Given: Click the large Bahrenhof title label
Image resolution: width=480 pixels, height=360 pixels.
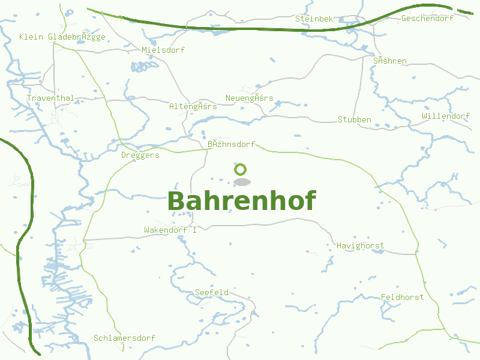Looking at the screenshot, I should tap(241, 202).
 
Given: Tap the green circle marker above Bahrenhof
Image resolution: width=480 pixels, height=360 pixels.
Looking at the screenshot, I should tap(241, 170).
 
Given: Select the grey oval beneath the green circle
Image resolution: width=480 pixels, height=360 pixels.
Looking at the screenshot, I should tap(241, 182).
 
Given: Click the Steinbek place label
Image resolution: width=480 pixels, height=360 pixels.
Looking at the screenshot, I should tap(314, 19).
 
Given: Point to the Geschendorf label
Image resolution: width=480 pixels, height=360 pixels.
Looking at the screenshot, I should tap(427, 19).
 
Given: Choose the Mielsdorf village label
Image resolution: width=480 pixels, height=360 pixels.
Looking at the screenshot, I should tap(163, 50).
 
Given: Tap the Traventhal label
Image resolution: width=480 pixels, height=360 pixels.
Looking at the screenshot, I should tap(50, 98).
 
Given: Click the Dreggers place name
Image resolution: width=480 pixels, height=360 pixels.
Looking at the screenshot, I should tap(140, 155).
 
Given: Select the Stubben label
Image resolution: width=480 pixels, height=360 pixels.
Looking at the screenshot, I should tap(355, 119).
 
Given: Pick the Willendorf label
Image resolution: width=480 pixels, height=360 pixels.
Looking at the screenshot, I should tap(446, 116).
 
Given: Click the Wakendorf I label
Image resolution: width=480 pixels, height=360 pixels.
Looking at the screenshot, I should tap(170, 230).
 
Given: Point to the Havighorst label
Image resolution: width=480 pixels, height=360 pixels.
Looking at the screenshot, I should tap(360, 245).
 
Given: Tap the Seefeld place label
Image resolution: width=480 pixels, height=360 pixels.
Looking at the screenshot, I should tap(212, 292).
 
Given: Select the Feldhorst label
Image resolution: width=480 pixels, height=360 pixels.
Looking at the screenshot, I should tap(402, 297).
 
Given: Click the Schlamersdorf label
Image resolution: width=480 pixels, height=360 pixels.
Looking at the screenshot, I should tap(124, 338).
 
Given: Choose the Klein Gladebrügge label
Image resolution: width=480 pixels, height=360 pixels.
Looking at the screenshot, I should tap(62, 37).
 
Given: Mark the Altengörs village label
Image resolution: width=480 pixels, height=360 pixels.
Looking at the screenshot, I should tap(193, 106).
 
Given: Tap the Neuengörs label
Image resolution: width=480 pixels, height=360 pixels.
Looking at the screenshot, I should tap(249, 98).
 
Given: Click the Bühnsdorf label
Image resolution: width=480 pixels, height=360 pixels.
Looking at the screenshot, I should tap(231, 144).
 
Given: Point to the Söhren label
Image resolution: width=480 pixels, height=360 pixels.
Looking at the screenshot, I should tap(390, 61).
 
